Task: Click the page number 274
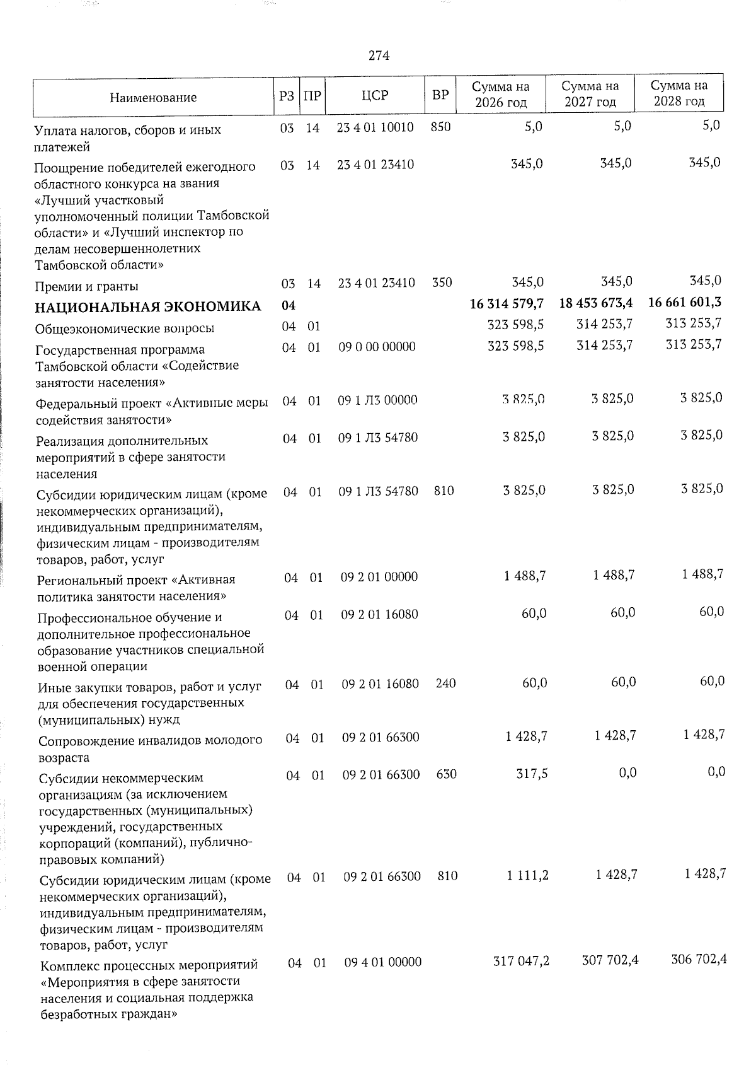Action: pos(379,56)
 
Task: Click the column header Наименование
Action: pos(153,97)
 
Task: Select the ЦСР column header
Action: pos(375,95)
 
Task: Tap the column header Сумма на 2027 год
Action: pos(590,93)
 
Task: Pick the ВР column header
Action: pos(440,95)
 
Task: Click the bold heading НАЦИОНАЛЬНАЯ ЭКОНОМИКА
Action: pos(148,306)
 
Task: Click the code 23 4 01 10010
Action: pos(375,127)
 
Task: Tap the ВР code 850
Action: pos(440,127)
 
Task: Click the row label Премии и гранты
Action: pos(87,287)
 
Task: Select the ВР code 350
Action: pos(442,282)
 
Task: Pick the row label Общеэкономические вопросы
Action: pos(125,329)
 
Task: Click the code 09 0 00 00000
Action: pos(377,347)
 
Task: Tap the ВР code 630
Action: pos(446,774)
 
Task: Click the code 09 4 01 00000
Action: pos(382,962)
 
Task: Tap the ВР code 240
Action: pos(445,683)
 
